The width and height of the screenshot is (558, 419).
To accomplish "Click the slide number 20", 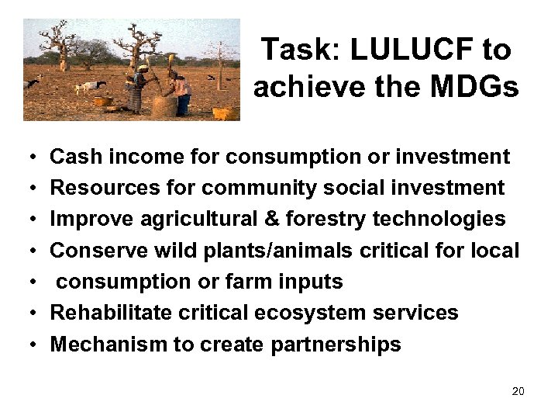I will [x=518, y=391].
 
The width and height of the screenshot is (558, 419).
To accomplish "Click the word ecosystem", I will [x=324, y=313].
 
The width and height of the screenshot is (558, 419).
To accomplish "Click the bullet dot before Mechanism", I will [x=26, y=345].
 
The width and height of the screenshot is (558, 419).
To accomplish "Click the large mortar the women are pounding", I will [x=164, y=104].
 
